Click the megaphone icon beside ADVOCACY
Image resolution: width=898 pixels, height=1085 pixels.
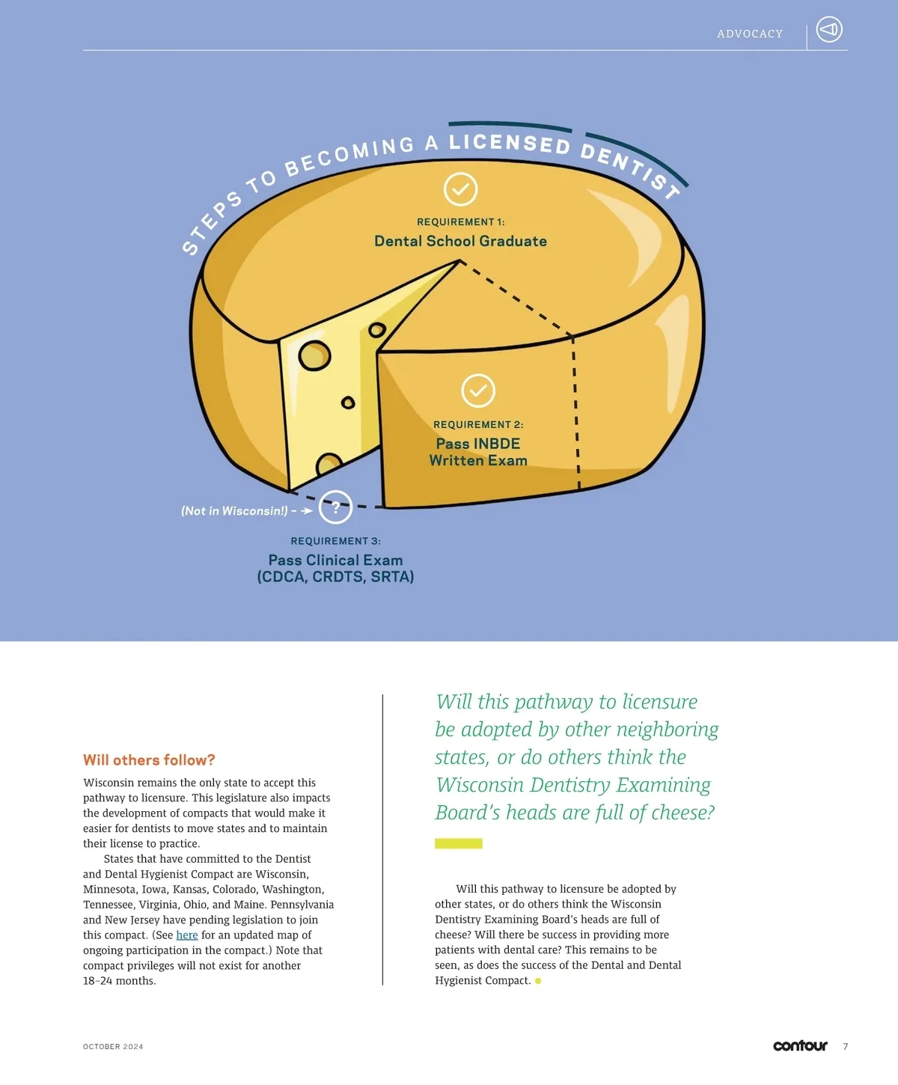(x=828, y=30)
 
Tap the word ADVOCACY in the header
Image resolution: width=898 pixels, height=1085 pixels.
(x=749, y=34)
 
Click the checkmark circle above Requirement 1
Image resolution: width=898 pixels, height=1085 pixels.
(x=460, y=189)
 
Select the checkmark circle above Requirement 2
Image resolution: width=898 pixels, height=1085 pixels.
(x=478, y=391)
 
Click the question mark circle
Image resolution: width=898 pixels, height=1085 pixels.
(x=336, y=507)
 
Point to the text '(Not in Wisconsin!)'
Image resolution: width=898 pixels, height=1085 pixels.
(x=233, y=511)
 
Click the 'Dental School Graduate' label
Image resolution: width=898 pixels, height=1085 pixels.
(x=460, y=241)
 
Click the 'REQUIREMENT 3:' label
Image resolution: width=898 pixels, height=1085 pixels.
(x=336, y=541)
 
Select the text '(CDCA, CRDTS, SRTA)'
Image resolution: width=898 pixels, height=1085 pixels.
(x=336, y=577)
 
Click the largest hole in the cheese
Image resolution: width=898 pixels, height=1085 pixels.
(x=314, y=355)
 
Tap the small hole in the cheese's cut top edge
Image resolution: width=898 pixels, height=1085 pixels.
(x=377, y=329)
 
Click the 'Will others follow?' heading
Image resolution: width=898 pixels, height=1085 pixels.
(x=149, y=759)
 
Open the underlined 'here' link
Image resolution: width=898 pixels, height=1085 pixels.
(x=187, y=935)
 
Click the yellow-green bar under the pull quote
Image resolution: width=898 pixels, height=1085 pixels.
(x=458, y=843)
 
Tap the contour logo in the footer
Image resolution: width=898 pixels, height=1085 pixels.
(x=800, y=1045)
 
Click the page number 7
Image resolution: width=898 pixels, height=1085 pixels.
(x=846, y=1046)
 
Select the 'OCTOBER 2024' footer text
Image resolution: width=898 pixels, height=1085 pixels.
(x=113, y=1047)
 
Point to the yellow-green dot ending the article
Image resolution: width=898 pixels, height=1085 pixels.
(x=538, y=980)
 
